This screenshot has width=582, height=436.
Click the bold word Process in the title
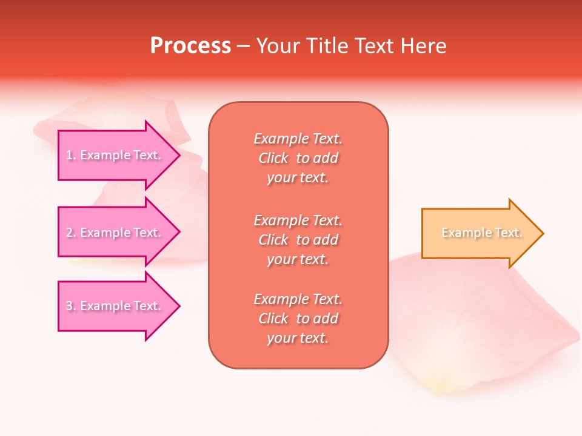(190, 46)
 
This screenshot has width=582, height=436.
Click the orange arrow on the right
(479, 233)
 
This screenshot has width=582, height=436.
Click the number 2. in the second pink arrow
(71, 233)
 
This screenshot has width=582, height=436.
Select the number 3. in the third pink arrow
(71, 306)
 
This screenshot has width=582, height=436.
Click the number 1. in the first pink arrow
(70, 155)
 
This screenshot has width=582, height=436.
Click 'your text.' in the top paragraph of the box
(298, 177)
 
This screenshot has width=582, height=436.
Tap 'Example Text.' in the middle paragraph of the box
(298, 220)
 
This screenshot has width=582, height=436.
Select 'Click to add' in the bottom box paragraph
(298, 319)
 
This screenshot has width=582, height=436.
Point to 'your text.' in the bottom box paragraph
(298, 338)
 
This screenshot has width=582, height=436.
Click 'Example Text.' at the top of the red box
(298, 139)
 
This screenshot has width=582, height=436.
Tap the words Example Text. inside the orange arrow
(482, 233)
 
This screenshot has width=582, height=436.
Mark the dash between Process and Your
(243, 46)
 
